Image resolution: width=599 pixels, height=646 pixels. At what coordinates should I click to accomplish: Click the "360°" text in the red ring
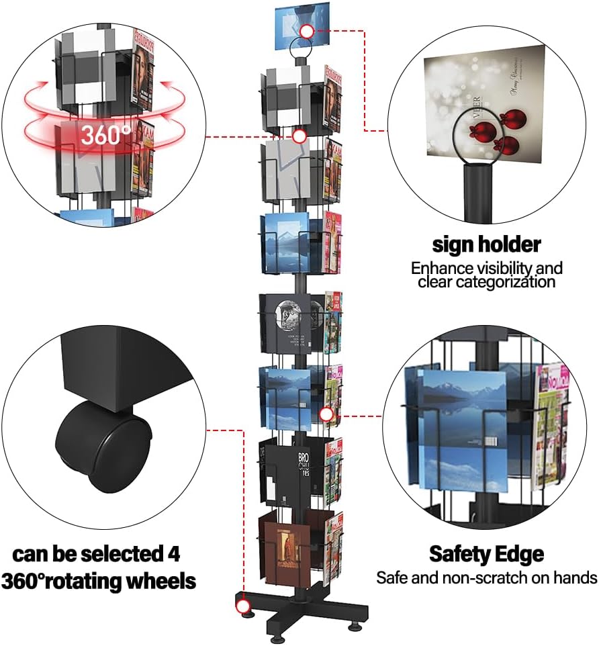point(106,134)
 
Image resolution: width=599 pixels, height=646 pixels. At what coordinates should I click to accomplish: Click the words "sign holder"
point(487,244)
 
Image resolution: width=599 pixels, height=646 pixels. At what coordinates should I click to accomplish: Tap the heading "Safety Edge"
point(486,555)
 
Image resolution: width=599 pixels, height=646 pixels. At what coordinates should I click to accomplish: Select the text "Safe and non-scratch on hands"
point(486,577)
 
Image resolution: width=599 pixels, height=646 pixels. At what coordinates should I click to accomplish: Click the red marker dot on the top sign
point(307,31)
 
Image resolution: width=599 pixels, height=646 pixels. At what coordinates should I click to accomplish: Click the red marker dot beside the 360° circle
point(299,136)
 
